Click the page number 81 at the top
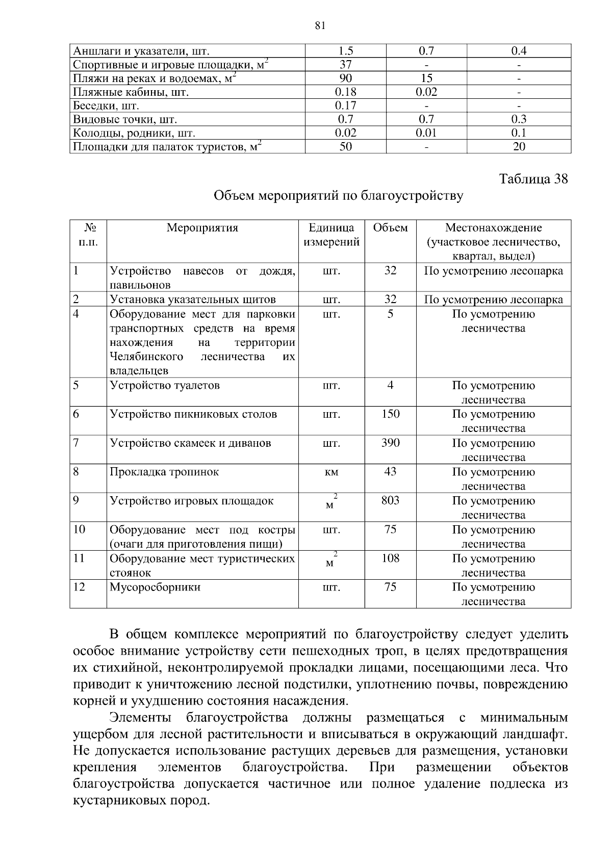tap(320, 26)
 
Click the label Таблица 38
tap(533, 179)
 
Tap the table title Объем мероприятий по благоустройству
tap(338, 196)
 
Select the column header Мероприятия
tap(202, 228)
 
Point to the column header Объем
tap(390, 228)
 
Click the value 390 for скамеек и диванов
tap(390, 443)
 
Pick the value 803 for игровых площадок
tap(390, 500)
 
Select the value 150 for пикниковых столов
tap(390, 414)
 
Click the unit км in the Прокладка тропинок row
tap(331, 472)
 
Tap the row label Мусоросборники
tap(155, 587)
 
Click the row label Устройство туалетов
tap(165, 385)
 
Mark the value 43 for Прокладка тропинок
tap(390, 471)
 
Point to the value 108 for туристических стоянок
tap(390, 558)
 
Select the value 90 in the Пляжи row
tap(345, 78)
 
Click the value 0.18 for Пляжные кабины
tap(345, 92)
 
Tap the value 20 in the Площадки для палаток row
tap(519, 147)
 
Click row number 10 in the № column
tap(79, 529)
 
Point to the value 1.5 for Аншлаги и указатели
tap(345, 50)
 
